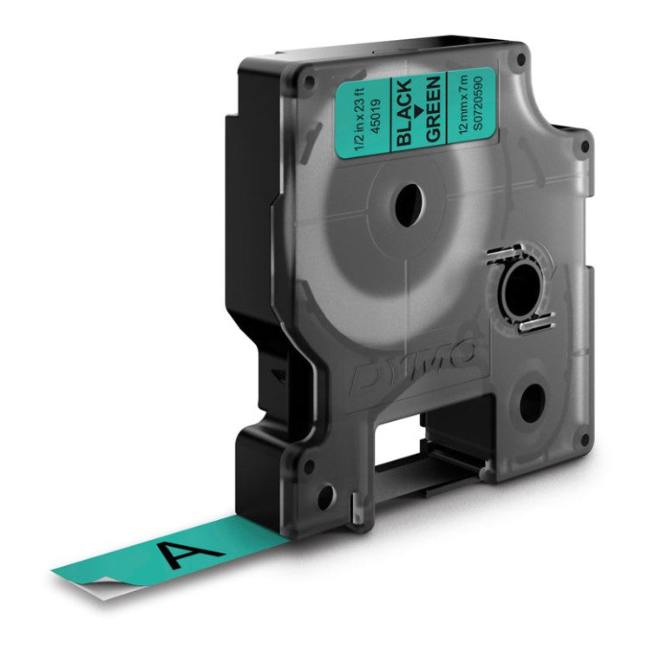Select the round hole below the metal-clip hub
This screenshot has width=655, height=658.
[531, 402]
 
